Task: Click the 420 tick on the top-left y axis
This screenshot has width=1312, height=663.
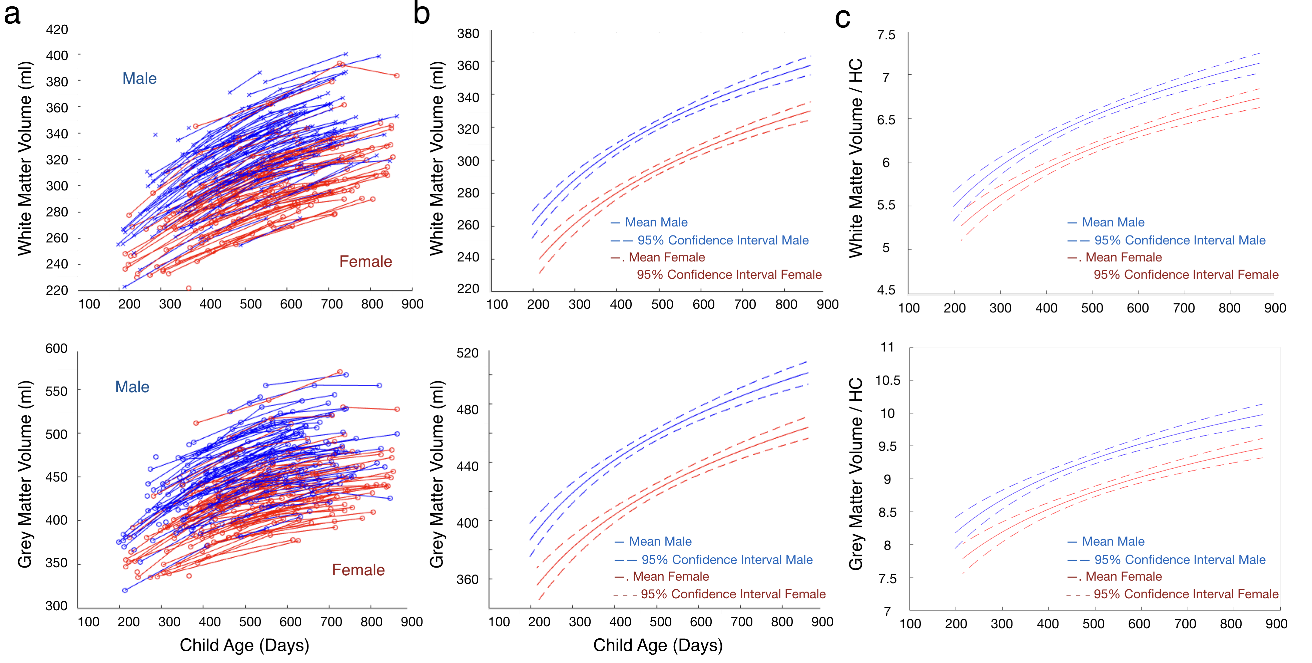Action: (x=57, y=30)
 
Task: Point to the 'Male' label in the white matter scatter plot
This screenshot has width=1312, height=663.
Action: (x=139, y=78)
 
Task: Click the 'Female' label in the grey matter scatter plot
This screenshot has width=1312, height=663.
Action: (x=358, y=570)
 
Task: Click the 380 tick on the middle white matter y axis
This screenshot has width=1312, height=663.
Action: (x=468, y=34)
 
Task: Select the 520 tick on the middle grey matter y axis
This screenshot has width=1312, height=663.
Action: (x=468, y=353)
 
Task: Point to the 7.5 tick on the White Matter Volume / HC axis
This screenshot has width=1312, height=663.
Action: (x=886, y=35)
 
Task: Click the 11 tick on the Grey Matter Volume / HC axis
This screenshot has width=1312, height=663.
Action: (x=887, y=347)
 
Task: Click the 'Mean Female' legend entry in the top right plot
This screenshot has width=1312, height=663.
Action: (x=1123, y=257)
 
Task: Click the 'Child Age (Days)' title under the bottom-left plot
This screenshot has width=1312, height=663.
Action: (x=244, y=645)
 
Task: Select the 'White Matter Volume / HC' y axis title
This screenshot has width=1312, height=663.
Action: (x=856, y=158)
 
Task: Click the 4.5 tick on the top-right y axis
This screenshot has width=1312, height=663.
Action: (x=886, y=290)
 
